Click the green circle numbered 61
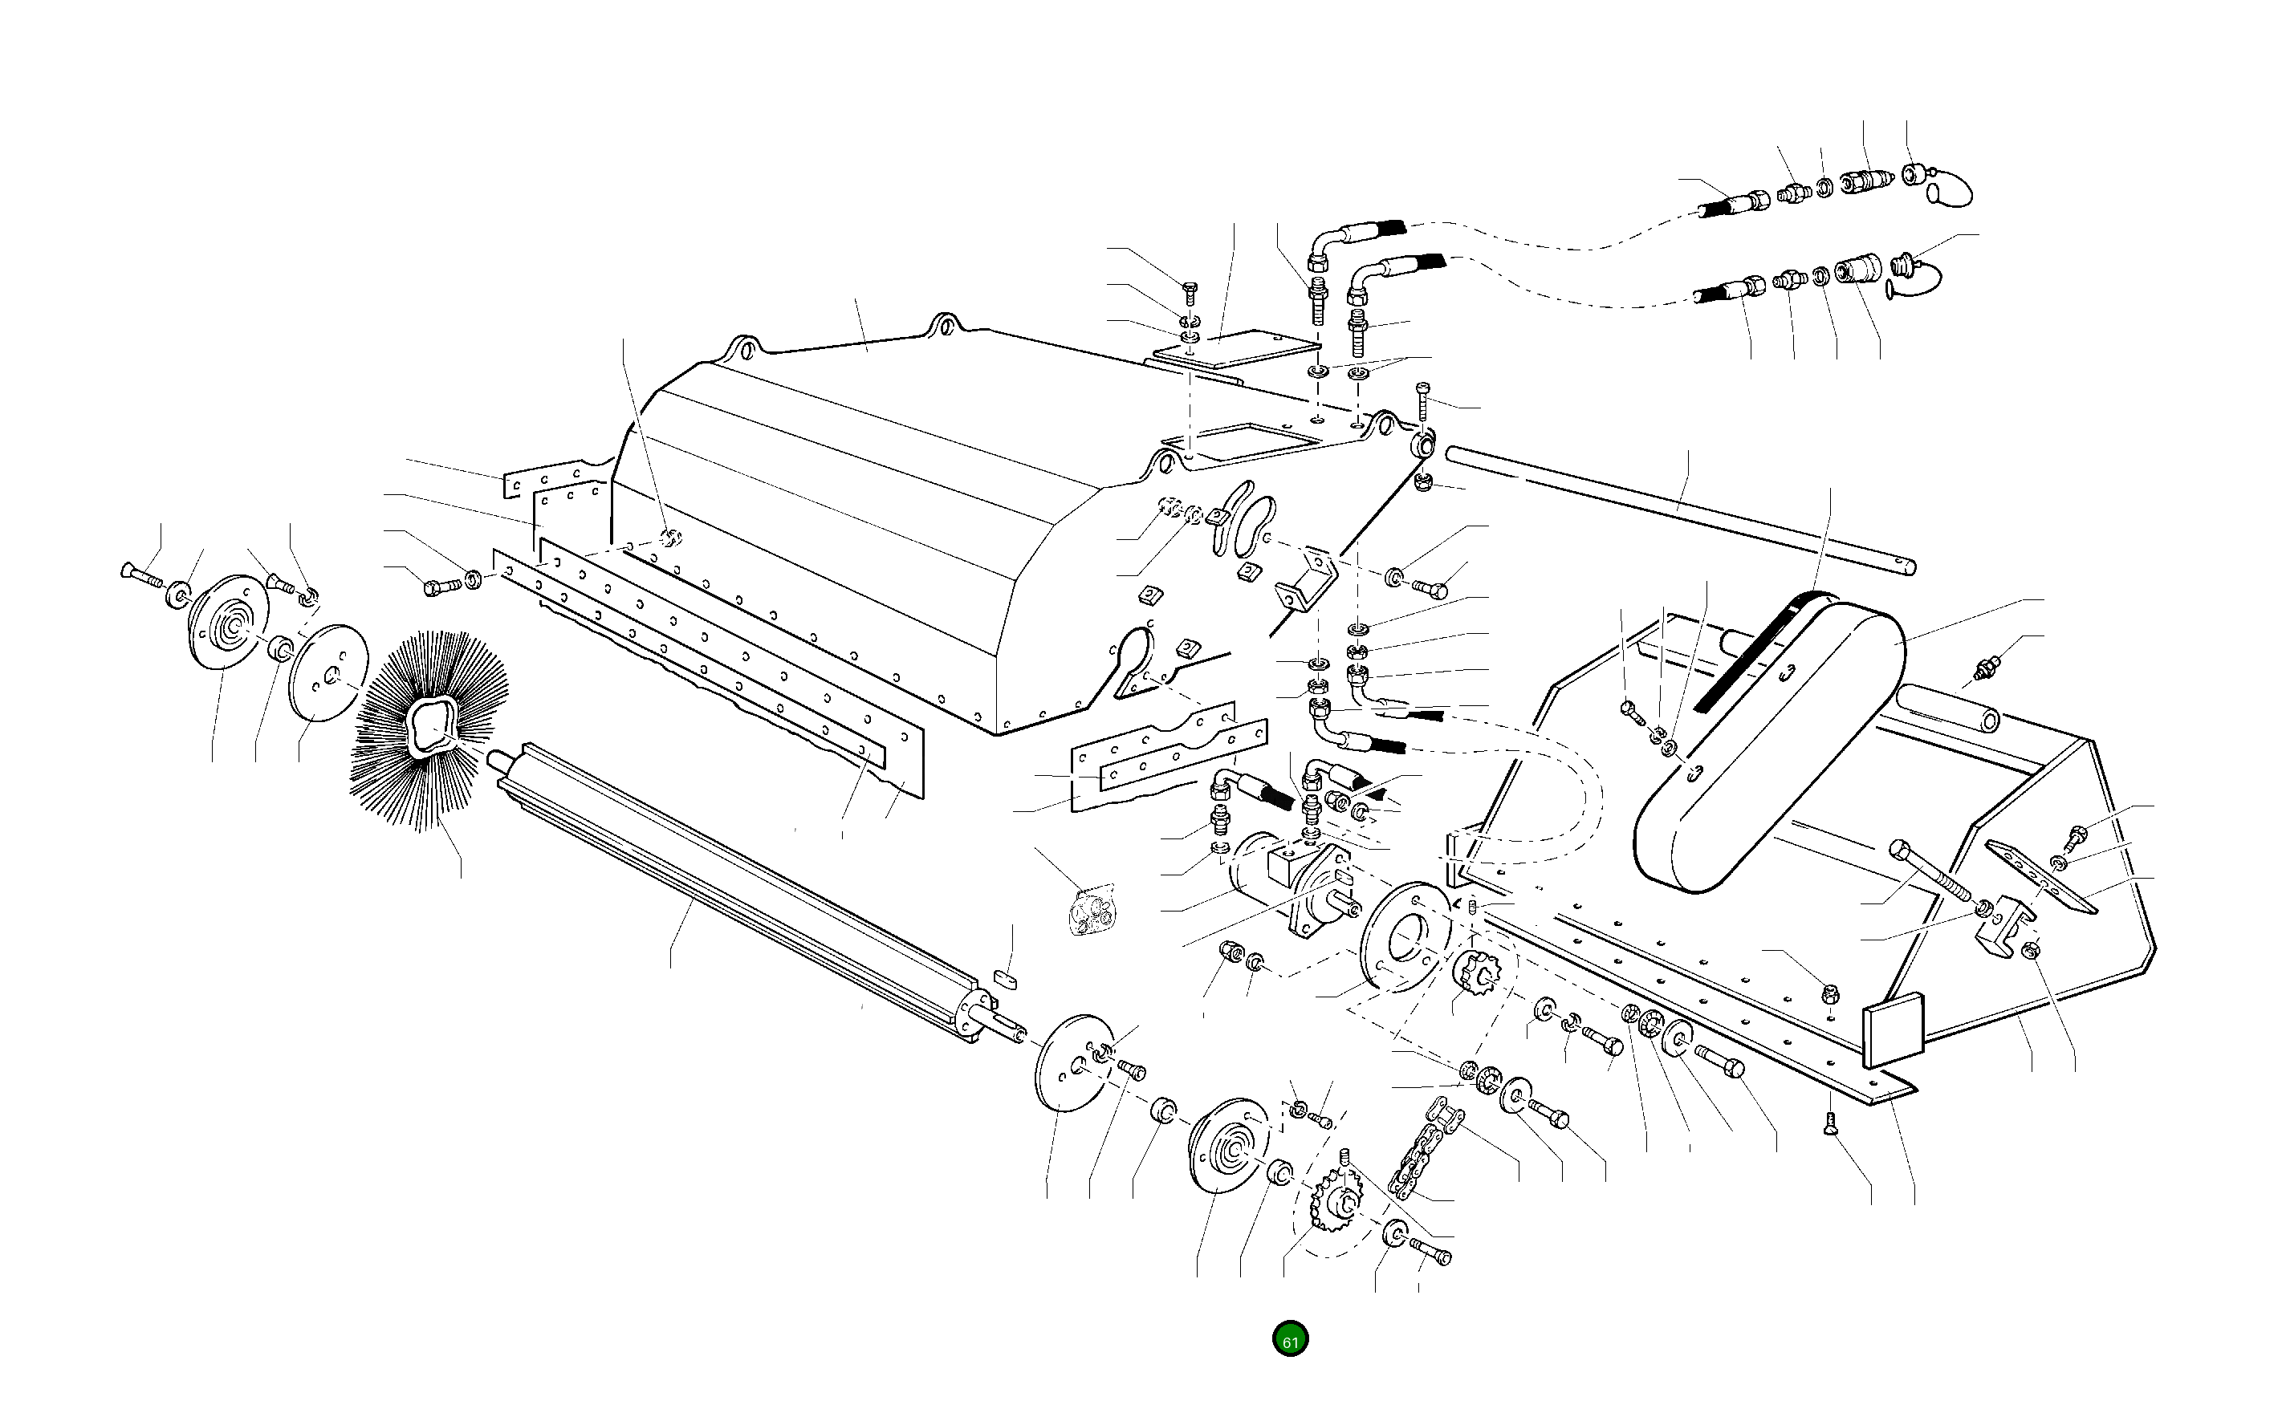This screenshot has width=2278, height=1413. [1290, 1340]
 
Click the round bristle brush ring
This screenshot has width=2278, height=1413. [431, 728]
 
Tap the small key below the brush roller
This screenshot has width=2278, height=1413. [1006, 977]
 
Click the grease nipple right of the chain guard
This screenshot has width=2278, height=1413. [1982, 669]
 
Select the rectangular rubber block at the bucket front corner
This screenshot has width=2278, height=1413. [1894, 1032]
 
